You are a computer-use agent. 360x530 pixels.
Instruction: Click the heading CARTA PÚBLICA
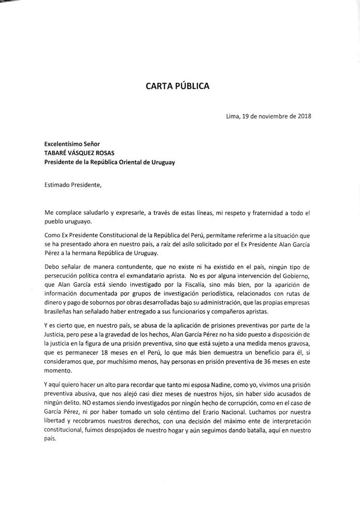click(x=178, y=86)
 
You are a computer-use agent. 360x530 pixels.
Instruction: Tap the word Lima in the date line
click(x=233, y=116)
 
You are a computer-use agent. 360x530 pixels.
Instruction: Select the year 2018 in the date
click(x=304, y=116)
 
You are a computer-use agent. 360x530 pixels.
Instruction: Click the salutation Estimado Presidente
click(x=73, y=185)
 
